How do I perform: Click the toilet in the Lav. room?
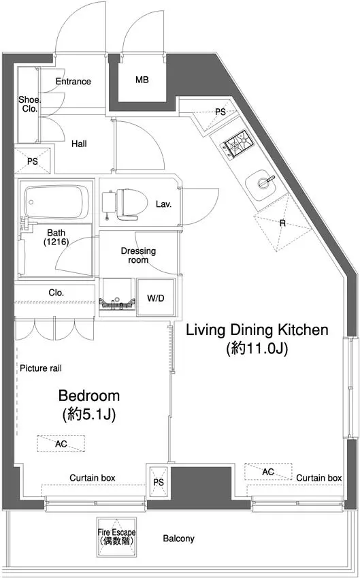tap(124, 205)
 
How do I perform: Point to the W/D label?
tap(156, 298)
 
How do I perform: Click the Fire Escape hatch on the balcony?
tap(116, 536)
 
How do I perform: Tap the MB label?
tap(142, 79)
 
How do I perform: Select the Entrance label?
tap(73, 81)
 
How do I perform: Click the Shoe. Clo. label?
tap(29, 103)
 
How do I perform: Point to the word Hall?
tap(79, 144)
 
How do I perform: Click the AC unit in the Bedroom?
tap(61, 443)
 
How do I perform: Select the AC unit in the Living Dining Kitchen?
tap(268, 472)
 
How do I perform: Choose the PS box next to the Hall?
tap(33, 161)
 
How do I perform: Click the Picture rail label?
tap(41, 368)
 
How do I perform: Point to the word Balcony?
tap(179, 539)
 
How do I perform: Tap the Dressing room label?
tap(139, 255)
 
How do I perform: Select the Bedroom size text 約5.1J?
tap(89, 415)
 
